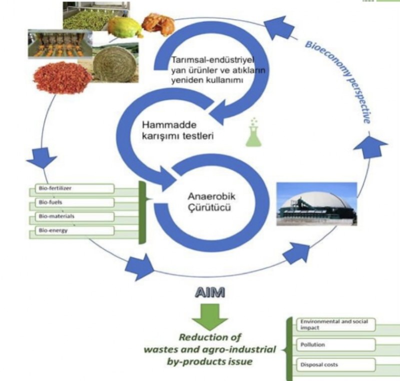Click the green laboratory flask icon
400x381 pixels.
[x=254, y=132]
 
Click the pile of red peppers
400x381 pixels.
[x=63, y=77]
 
